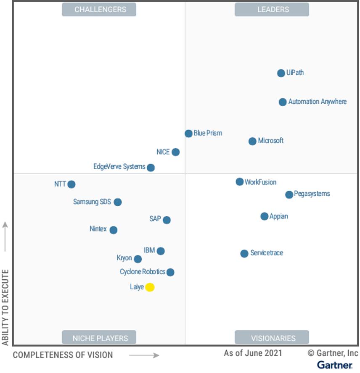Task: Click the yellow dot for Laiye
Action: click(150, 287)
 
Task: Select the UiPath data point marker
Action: click(281, 73)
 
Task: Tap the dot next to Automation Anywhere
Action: click(283, 102)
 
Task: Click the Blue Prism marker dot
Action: click(188, 134)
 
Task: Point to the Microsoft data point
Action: click(252, 141)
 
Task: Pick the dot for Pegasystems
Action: click(289, 194)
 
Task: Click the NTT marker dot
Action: click(71, 184)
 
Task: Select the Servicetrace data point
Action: click(244, 254)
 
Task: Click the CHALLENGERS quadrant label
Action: click(99, 10)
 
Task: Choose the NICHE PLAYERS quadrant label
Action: click(99, 338)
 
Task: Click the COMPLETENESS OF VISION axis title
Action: click(63, 355)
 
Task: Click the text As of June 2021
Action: click(253, 353)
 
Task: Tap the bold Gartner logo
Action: click(335, 365)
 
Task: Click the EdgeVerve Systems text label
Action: click(119, 167)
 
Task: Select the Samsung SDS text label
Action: click(92, 202)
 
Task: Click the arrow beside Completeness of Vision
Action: click(144, 355)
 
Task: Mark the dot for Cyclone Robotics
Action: click(170, 272)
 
